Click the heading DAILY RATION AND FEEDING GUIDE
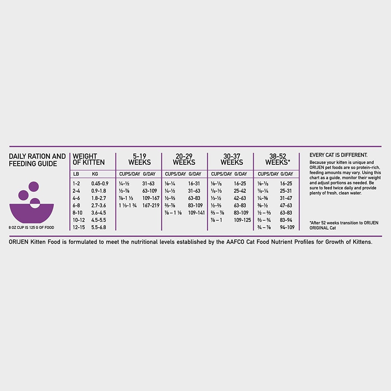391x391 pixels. coord(37,160)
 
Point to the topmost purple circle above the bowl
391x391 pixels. coord(34,186)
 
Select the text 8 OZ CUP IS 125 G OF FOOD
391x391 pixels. coord(31,228)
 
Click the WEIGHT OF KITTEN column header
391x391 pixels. coord(88,159)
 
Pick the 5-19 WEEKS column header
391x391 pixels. coord(139,159)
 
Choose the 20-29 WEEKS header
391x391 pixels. coord(184,159)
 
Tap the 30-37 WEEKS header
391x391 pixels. coord(232,159)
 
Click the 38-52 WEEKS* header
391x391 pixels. coord(278,159)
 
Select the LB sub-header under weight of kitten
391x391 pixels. coord(76,174)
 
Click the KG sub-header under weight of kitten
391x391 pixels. coord(95,174)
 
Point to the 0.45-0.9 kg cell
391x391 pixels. coord(100,183)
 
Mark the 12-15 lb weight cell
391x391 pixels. coord(78,227)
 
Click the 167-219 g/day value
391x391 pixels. coord(151,205)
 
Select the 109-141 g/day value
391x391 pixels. coord(196,213)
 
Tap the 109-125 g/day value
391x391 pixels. coord(242,220)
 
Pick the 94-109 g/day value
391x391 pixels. coord(287,227)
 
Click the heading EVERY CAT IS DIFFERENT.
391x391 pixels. coord(338,155)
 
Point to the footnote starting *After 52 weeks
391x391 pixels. coord(344,225)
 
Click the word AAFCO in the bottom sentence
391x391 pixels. coord(235,242)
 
